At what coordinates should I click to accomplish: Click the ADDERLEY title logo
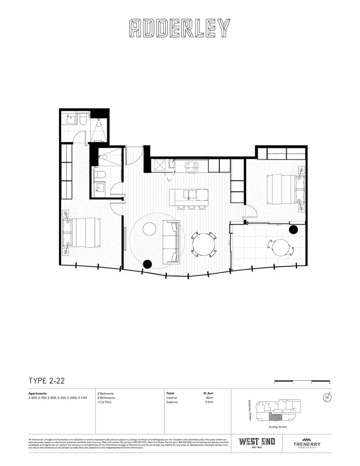(180, 28)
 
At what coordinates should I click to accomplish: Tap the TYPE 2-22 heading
(47, 381)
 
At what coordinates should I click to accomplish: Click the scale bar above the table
(302, 381)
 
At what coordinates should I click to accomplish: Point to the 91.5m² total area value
(209, 394)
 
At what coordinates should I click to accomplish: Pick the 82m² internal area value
(210, 398)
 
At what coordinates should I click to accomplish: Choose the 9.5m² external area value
(210, 402)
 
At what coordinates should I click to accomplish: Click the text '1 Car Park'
(105, 402)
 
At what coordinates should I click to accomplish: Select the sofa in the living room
(171, 242)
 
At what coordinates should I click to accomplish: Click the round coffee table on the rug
(150, 229)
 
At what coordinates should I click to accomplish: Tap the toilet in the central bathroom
(100, 174)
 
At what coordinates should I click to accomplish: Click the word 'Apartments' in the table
(38, 394)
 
